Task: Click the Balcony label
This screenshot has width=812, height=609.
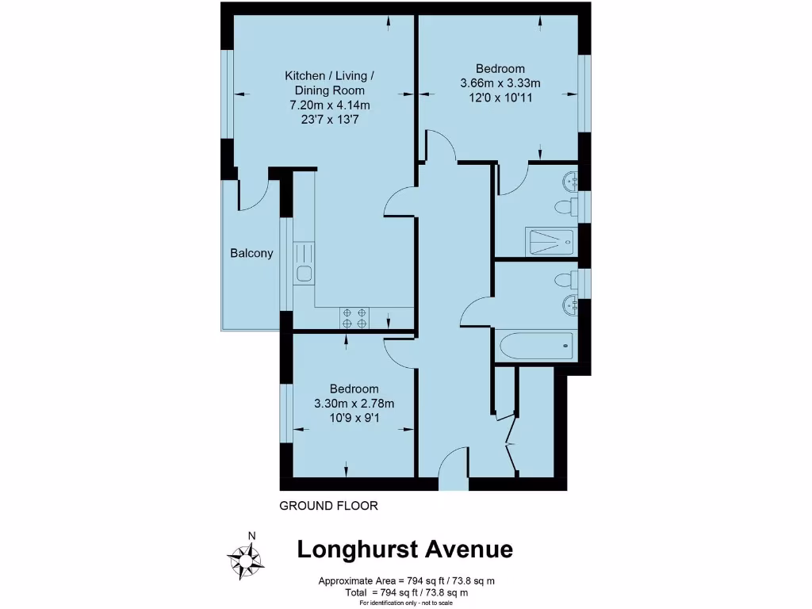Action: click(x=251, y=254)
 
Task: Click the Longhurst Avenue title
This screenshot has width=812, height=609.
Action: click(x=404, y=550)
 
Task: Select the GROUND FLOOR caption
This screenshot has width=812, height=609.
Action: click(x=328, y=505)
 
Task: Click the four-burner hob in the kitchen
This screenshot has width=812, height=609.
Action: click(x=354, y=317)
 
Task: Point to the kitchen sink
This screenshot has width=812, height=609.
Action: click(x=304, y=274)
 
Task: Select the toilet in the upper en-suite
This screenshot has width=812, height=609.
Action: click(x=564, y=209)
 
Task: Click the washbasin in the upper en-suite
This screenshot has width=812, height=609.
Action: click(x=569, y=182)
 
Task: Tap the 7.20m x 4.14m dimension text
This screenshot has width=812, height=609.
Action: click(x=330, y=105)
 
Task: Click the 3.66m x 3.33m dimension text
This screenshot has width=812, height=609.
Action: click(x=500, y=83)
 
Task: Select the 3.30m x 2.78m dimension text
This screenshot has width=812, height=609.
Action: click(x=354, y=404)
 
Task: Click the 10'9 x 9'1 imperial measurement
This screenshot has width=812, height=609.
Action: click(x=354, y=418)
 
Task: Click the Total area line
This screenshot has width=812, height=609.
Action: click(x=405, y=592)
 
